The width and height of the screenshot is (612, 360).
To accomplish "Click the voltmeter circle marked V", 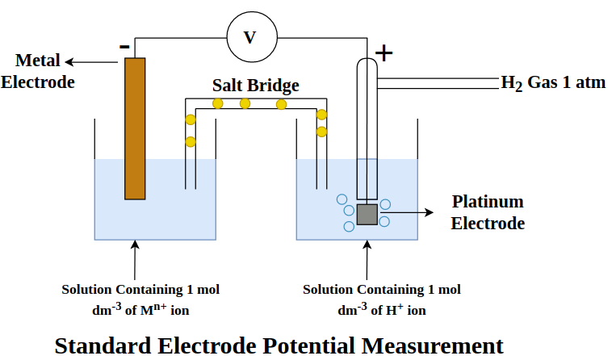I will [x=249, y=38].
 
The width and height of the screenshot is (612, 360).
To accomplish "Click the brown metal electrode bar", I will [x=135, y=128].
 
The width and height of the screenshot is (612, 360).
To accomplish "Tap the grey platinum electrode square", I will [x=367, y=214].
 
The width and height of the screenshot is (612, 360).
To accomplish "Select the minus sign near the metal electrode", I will [x=124, y=47].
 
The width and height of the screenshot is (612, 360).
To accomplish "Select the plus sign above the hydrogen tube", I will [x=385, y=54].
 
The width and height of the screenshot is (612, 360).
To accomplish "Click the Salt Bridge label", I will [x=255, y=85].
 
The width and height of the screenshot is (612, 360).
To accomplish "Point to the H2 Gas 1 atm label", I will [x=553, y=83].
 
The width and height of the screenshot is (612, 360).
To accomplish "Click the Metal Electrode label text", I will [x=38, y=71].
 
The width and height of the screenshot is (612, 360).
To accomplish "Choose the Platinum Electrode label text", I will [x=488, y=212].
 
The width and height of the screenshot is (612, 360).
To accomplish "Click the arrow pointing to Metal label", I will [x=94, y=61].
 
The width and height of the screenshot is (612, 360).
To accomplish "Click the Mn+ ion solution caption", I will [x=140, y=299].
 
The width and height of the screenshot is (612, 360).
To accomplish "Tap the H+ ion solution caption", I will [x=381, y=299].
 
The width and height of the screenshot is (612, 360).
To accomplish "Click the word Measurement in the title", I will [x=432, y=345].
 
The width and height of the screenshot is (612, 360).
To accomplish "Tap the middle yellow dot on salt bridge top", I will [x=245, y=103].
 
